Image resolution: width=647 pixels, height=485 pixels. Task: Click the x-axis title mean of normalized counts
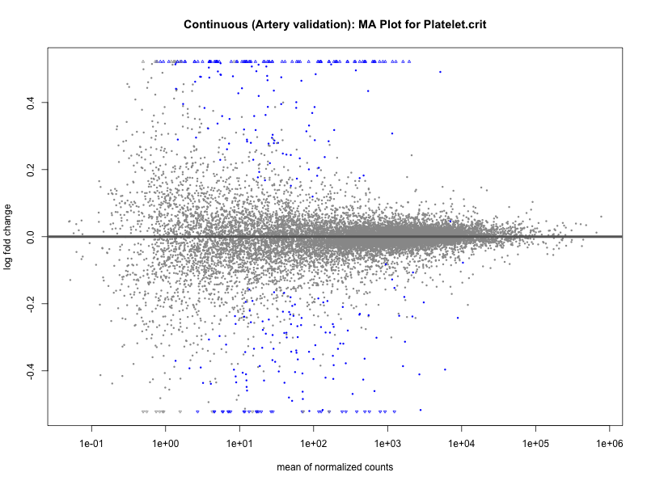coord(335,466)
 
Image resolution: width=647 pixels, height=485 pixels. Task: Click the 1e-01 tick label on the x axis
coord(91,443)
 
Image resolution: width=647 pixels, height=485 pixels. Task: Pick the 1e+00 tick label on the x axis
coord(166,443)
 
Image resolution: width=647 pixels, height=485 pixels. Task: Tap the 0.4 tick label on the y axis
coord(29,103)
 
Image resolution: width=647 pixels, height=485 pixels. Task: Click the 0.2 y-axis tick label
coord(29,170)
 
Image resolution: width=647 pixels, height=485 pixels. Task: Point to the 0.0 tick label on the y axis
coord(29,237)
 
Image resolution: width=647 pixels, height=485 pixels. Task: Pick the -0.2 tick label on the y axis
coord(29,303)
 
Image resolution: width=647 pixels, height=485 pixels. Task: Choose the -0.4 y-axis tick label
coord(29,370)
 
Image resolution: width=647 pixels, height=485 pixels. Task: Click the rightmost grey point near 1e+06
coord(601,217)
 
